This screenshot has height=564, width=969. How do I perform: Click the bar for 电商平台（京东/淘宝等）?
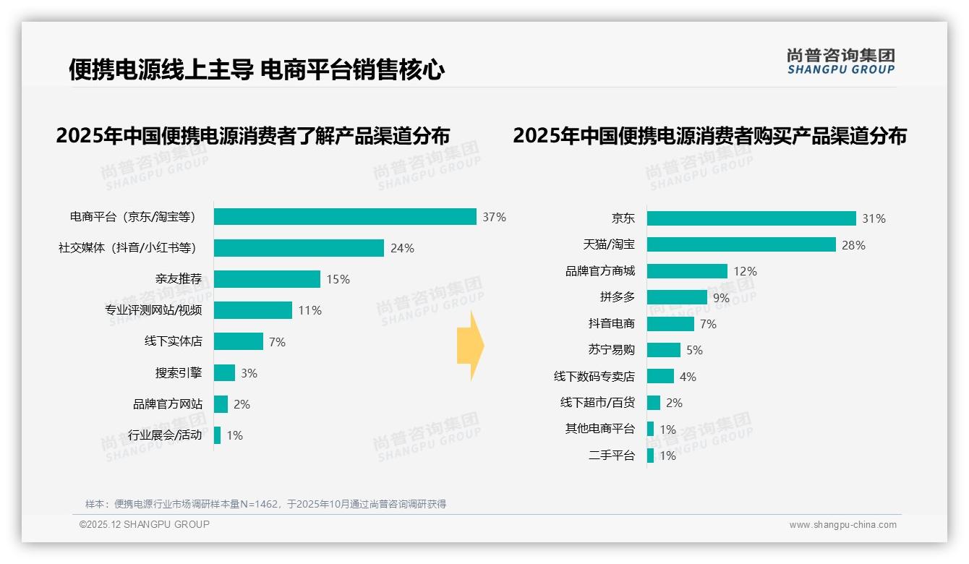click(x=345, y=217)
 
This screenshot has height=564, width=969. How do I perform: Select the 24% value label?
click(x=402, y=248)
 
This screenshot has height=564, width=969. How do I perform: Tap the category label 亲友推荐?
click(x=178, y=279)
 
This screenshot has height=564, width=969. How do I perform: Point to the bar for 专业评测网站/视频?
click(x=253, y=310)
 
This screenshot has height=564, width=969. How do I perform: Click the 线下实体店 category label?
click(x=174, y=341)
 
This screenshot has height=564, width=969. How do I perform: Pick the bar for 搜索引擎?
click(x=224, y=373)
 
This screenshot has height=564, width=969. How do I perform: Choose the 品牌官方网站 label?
click(x=168, y=404)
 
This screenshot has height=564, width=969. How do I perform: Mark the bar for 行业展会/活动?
click(x=217, y=435)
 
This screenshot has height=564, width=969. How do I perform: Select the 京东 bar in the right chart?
click(x=751, y=218)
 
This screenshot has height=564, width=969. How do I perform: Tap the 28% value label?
click(x=853, y=245)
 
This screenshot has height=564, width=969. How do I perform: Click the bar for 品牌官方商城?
click(x=687, y=271)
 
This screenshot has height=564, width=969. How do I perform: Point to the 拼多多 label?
click(x=617, y=297)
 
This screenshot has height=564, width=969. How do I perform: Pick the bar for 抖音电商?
click(x=670, y=324)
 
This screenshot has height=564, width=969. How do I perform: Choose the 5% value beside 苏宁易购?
click(x=694, y=350)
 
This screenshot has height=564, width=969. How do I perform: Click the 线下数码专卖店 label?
click(x=594, y=377)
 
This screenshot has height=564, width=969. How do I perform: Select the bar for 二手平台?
click(x=650, y=456)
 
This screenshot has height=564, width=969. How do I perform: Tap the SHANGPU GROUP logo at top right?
click(x=840, y=61)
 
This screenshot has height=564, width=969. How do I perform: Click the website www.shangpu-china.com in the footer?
click(x=842, y=525)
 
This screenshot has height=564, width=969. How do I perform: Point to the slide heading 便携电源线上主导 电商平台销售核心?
click(x=257, y=69)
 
